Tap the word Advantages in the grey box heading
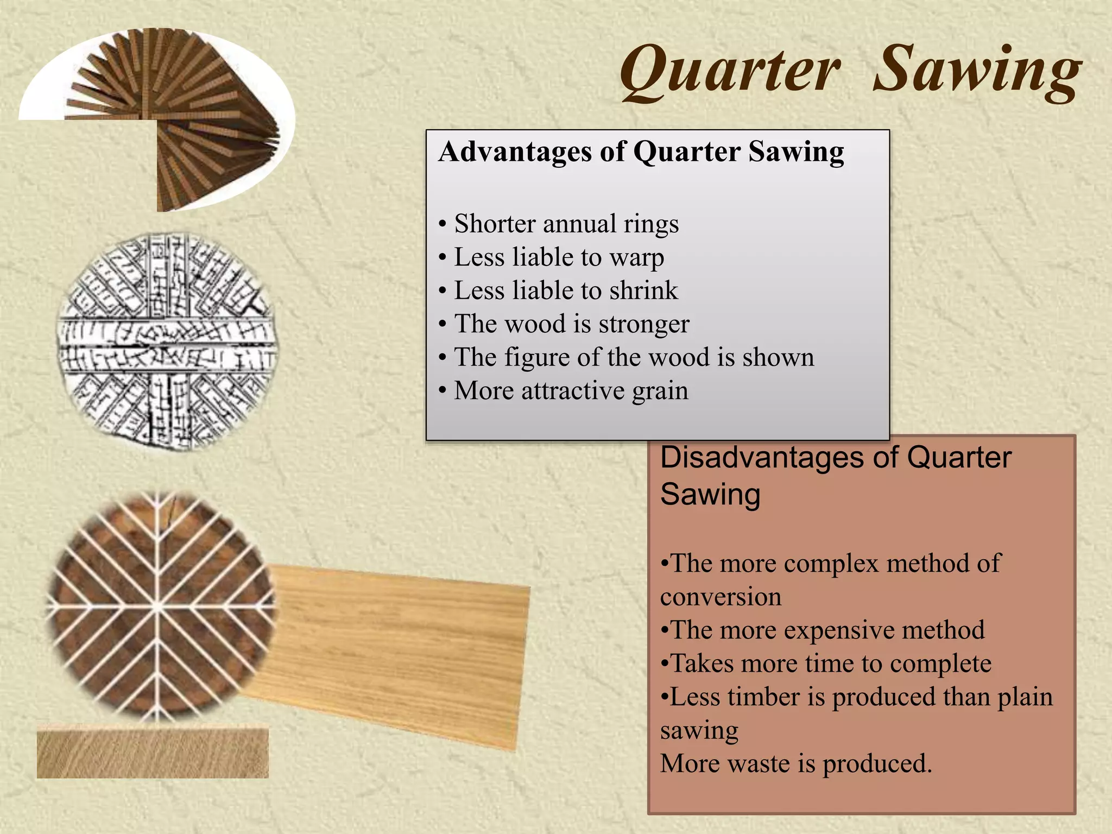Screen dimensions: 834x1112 [515, 151]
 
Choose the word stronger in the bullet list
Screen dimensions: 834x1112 [644, 324]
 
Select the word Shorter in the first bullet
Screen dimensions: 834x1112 [495, 224]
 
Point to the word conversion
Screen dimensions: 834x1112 [721, 597]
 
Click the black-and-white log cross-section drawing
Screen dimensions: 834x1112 [166, 342]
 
